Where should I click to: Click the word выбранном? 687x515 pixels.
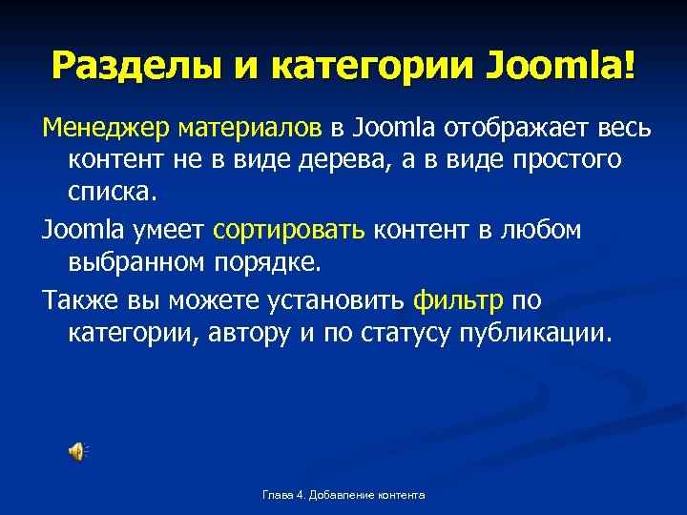[x=132, y=264]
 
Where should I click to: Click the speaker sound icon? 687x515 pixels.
[x=77, y=451]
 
